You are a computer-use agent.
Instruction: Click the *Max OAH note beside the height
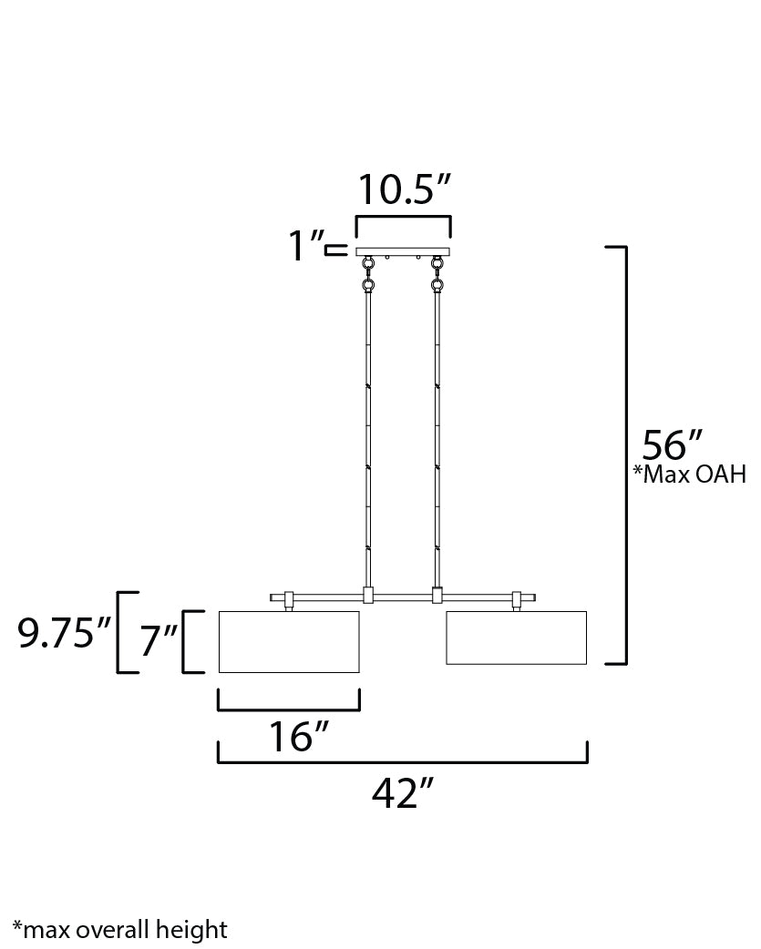click(x=690, y=474)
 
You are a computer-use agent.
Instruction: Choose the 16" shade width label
click(x=298, y=736)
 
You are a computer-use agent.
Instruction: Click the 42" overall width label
click(x=403, y=792)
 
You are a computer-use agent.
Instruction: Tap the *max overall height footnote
click(x=120, y=929)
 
